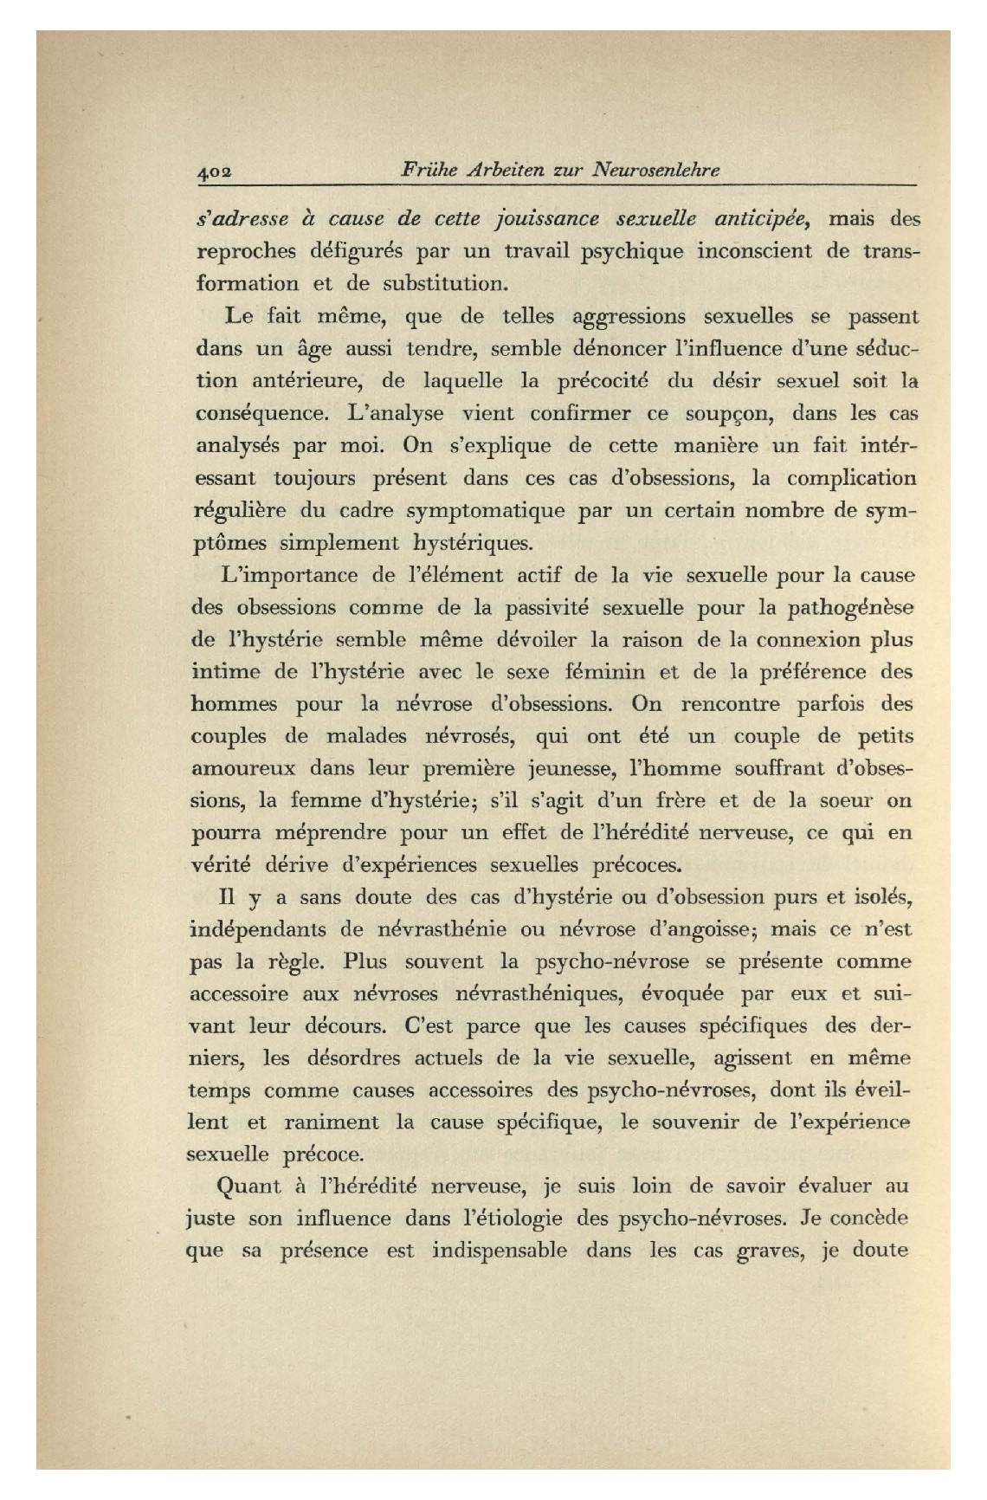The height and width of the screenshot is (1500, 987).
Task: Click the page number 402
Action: point(211,171)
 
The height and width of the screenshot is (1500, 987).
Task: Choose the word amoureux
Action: point(242,768)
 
